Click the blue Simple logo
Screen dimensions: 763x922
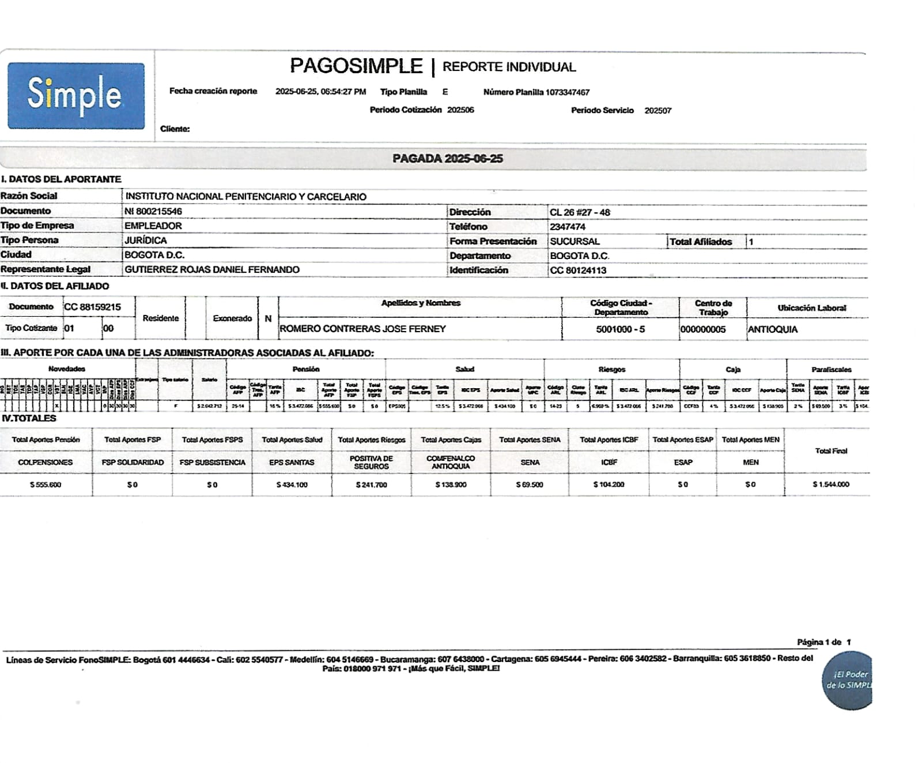tap(76, 96)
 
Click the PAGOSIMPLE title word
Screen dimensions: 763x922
tap(356, 66)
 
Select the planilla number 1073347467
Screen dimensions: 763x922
tap(568, 92)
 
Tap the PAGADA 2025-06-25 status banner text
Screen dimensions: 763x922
tap(447, 159)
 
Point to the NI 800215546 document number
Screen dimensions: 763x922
tap(153, 211)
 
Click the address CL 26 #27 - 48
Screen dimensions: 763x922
tap(580, 212)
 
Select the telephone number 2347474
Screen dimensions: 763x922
tap(568, 227)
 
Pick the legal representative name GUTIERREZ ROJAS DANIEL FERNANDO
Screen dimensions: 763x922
tap(212, 269)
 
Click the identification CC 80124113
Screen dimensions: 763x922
tap(578, 270)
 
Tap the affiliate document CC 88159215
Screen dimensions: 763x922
tap(92, 307)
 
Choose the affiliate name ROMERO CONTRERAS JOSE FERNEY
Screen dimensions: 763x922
tap(362, 329)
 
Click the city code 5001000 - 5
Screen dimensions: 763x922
tap(621, 329)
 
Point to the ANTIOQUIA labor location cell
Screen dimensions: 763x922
tap(772, 329)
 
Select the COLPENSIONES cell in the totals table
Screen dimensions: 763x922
tap(46, 462)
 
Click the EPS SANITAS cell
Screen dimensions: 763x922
tap(292, 462)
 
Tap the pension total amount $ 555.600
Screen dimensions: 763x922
tap(46, 484)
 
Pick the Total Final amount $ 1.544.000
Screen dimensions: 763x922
tap(830, 484)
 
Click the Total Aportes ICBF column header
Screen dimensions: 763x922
tap(609, 439)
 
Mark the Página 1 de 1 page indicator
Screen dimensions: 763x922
tap(823, 642)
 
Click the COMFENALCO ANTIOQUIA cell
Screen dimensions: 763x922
tap(451, 462)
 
